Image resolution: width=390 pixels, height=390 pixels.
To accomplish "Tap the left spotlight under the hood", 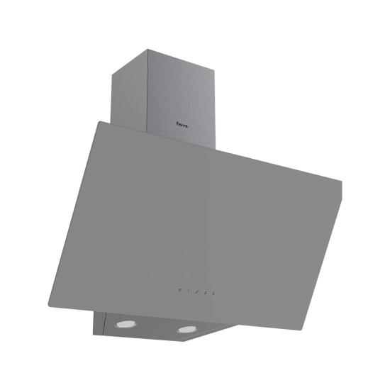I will pos(121,323).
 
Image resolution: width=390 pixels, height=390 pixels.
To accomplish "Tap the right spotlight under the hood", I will pos(187,328).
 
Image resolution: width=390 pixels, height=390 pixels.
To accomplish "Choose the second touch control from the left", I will pos(187,291).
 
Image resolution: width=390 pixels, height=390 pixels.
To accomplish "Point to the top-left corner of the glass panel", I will pos(97,121).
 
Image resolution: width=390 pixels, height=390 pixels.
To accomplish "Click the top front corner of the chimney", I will pos(147,49).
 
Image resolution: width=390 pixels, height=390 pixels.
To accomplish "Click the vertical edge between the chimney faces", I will pos(147,92).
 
